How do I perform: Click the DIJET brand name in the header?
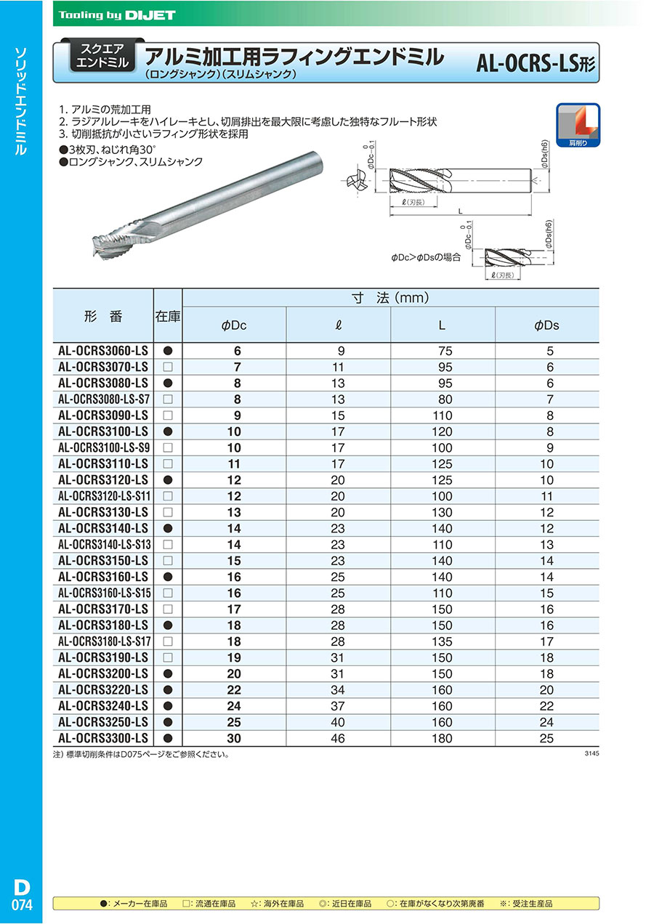(149, 15)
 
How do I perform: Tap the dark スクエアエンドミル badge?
(102, 57)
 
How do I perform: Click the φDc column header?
(234, 325)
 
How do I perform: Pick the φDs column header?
(546, 325)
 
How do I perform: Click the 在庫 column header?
(168, 317)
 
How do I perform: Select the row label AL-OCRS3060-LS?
(102, 351)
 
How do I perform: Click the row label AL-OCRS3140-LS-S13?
(102, 544)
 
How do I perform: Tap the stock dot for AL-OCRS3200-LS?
(168, 673)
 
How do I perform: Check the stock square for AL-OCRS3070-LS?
(168, 367)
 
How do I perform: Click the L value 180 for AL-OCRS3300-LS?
(442, 738)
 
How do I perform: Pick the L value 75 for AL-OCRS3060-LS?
(442, 351)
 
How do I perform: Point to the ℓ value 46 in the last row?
(339, 738)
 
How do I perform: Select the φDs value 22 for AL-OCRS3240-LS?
(546, 706)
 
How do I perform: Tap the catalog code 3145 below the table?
(591, 754)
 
